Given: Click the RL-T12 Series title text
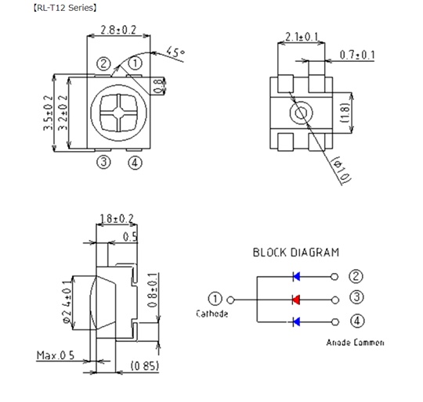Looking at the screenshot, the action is point(64,8).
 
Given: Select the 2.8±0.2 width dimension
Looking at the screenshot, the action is point(118,30).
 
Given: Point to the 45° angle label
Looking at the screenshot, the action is point(175,52).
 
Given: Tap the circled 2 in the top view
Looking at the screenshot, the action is point(103,64).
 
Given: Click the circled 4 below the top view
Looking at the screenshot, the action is point(135,163).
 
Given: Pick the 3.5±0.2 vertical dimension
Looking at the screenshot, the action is point(49,113).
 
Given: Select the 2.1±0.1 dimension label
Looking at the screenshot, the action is point(302,37).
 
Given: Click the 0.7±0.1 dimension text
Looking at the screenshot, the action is point(357,55).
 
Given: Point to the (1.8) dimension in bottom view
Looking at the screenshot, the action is point(345,113).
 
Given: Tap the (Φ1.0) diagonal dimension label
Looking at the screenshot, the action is point(341,169).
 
